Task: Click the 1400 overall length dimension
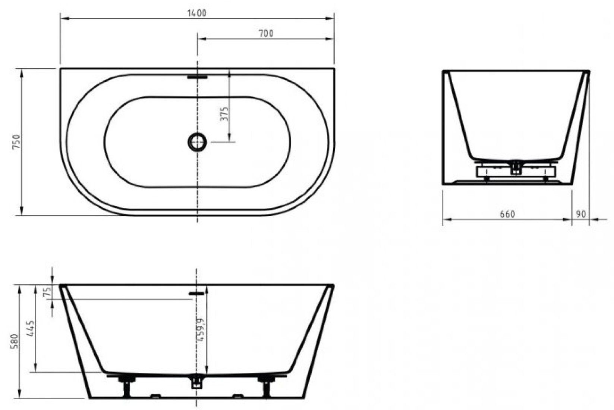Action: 197,13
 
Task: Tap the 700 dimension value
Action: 266,33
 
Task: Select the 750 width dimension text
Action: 17,141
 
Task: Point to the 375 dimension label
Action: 224,114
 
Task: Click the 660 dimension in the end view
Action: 507,214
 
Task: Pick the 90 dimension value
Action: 580,214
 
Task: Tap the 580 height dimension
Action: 15,341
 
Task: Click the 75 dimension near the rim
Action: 48,291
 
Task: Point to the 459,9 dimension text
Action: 201,329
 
